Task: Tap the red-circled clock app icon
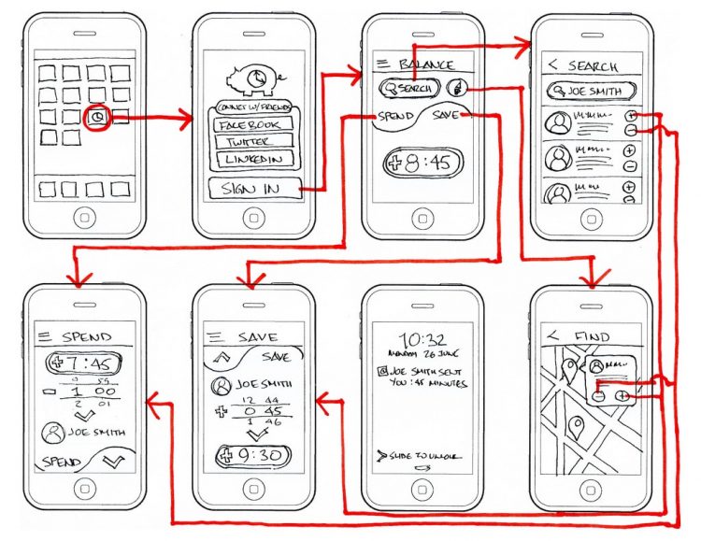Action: (x=100, y=118)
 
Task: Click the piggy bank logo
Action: (x=253, y=78)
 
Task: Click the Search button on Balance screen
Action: (x=409, y=88)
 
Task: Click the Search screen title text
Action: (x=592, y=66)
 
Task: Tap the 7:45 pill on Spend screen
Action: (x=85, y=363)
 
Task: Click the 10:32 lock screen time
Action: (x=421, y=339)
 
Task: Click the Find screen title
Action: (x=591, y=336)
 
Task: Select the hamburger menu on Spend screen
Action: (x=44, y=336)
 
